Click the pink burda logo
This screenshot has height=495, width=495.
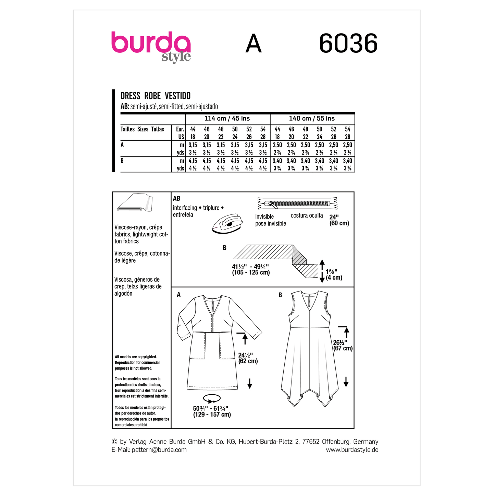(150, 44)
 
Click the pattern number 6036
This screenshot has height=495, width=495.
(348, 44)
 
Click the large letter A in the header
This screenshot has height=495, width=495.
(253, 44)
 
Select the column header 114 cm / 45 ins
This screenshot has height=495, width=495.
(227, 119)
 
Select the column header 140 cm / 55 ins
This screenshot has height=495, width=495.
(312, 119)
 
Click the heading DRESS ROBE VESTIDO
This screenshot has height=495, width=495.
(156, 96)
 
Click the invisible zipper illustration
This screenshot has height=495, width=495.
(297, 203)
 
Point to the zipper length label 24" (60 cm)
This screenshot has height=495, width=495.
(339, 220)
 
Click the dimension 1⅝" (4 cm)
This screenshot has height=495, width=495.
(334, 274)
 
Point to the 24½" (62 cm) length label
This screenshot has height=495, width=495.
(248, 358)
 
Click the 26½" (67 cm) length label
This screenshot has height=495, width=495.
(343, 345)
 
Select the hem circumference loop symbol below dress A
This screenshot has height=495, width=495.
(212, 399)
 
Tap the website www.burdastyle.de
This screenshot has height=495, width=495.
(352, 450)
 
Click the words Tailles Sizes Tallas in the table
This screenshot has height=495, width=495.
(142, 129)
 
